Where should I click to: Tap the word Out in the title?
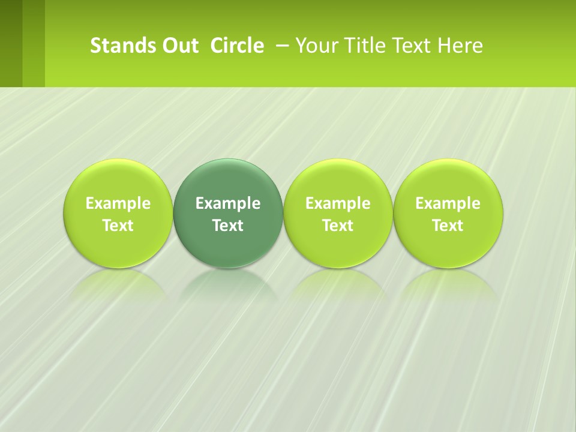178,46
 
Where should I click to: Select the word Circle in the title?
237,46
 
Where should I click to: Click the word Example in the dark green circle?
228,203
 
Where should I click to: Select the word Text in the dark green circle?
228,226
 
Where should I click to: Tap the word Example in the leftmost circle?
118,203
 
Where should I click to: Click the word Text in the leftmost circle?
118,226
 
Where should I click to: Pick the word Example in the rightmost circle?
448,203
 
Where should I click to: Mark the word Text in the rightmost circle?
448,226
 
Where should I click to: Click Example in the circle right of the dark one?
338,203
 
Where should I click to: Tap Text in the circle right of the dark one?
338,226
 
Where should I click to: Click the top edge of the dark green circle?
228,160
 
